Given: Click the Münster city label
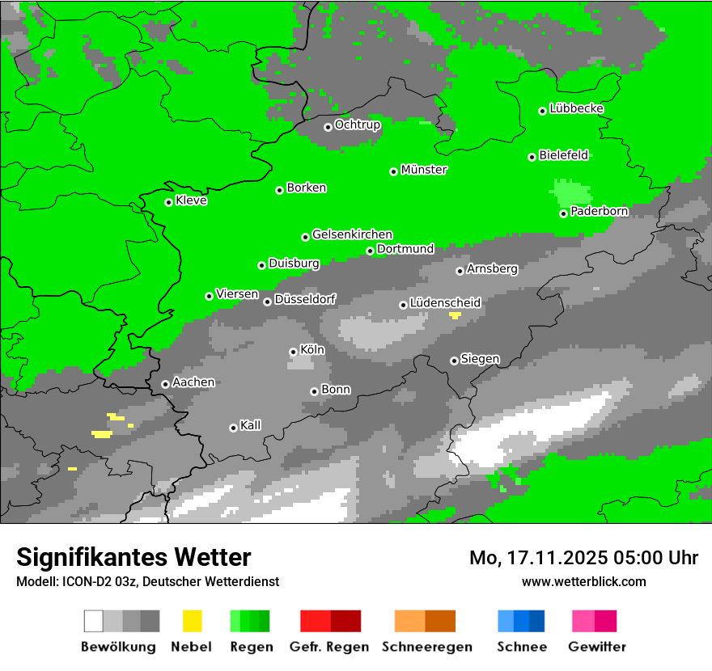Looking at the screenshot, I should (424, 170).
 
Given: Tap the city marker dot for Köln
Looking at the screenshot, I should (293, 352).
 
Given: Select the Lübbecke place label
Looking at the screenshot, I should (576, 108).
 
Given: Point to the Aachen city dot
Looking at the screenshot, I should (165, 384).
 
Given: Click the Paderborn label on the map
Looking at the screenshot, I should (599, 211).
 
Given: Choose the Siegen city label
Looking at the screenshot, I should (480, 359).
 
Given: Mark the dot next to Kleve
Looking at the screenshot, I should (168, 202).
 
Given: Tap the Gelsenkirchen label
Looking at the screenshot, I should (352, 234).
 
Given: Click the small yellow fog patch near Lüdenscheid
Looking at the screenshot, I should (456, 315).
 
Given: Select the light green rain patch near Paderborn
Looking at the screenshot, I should (572, 192).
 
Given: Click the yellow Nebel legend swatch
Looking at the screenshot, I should (192, 621).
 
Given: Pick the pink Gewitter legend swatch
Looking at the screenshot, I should (583, 621).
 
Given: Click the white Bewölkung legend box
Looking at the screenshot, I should (94, 621).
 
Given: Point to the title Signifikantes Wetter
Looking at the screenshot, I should (133, 557).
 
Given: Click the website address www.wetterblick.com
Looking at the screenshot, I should (583, 581).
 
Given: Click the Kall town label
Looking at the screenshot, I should (250, 425).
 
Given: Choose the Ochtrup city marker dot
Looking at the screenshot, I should (328, 127).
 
